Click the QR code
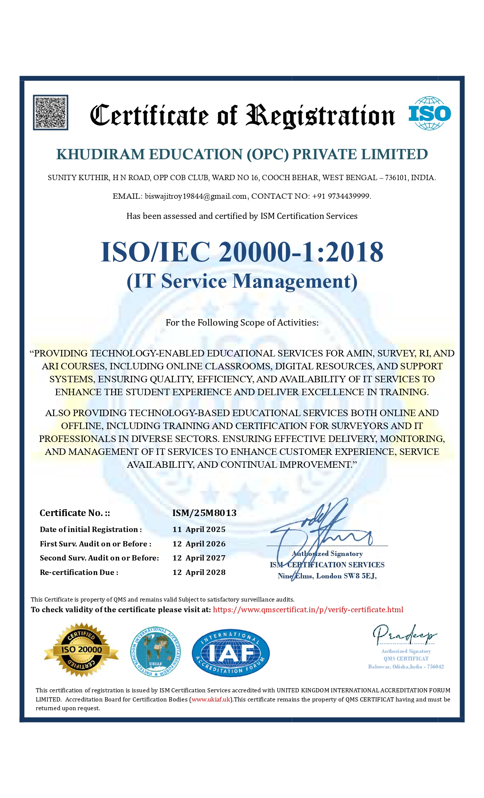pyautogui.click(x=50, y=112)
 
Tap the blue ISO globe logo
pyautogui.click(x=429, y=113)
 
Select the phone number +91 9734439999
pyautogui.click(x=341, y=196)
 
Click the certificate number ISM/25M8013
pyautogui.click(x=204, y=513)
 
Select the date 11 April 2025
pyautogui.click(x=199, y=530)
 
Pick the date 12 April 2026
pyautogui.click(x=199, y=544)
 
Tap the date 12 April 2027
pyautogui.click(x=199, y=558)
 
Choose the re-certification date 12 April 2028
pyautogui.click(x=199, y=573)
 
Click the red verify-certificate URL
pyautogui.click(x=308, y=610)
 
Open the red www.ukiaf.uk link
pyautogui.click(x=211, y=700)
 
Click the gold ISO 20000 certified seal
pyautogui.click(x=81, y=650)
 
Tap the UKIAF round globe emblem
pyautogui.click(x=156, y=652)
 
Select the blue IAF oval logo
pyautogui.click(x=231, y=652)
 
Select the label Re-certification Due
pyautogui.click(x=79, y=573)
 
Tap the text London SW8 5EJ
pyautogui.click(x=346, y=576)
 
